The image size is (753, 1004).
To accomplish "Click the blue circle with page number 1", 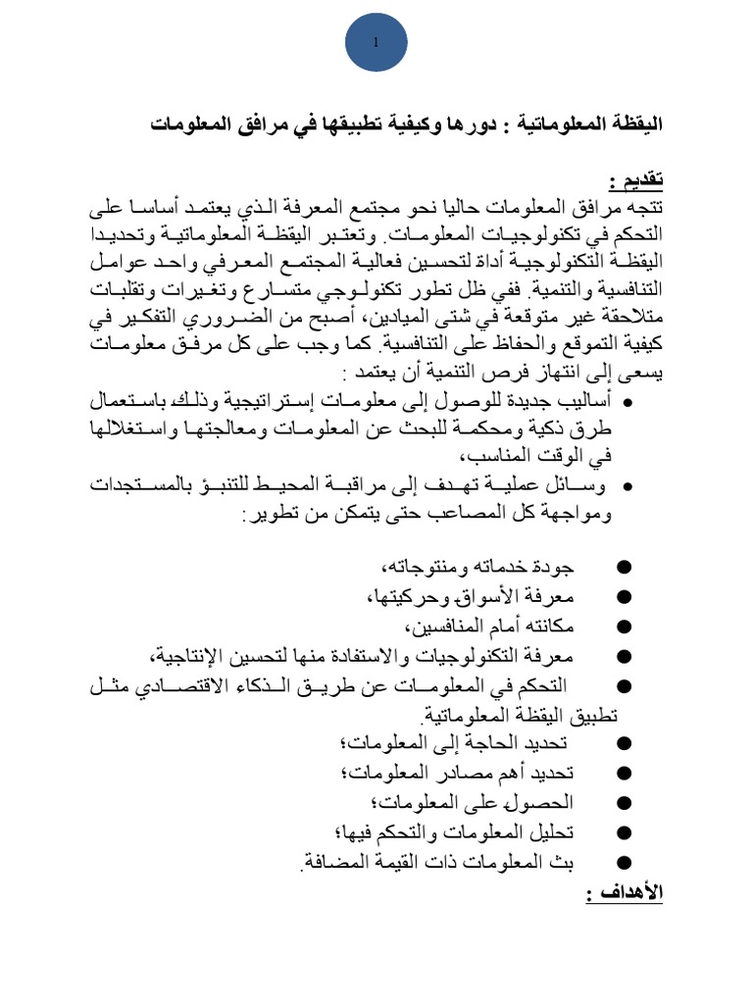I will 376,43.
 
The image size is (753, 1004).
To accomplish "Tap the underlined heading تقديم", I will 635,180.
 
